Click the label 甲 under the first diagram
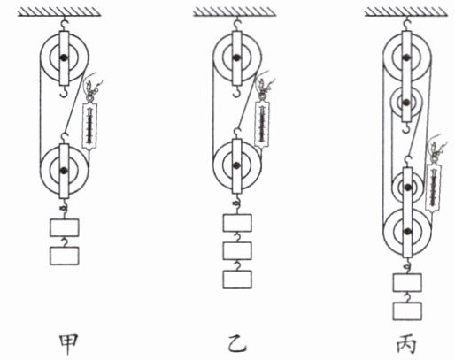coord(68,344)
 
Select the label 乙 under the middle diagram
coord(237,344)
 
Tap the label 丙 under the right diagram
coord(406,344)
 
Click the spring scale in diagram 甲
coord(89,126)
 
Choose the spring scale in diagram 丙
coord(434,188)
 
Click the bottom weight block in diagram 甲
coord(65,256)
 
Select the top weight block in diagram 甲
coord(65,227)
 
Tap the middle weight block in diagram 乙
coord(237,251)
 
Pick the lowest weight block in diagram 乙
coord(237,280)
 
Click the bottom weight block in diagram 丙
coord(407,311)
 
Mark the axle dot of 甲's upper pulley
coord(64,57)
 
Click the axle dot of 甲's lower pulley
coord(64,170)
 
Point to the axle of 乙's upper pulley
coord(236,57)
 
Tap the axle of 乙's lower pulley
coord(236,165)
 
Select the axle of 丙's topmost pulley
coord(407,57)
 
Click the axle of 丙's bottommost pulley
coord(407,232)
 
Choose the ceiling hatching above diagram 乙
coord(235,11)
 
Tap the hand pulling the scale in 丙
coord(436,147)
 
